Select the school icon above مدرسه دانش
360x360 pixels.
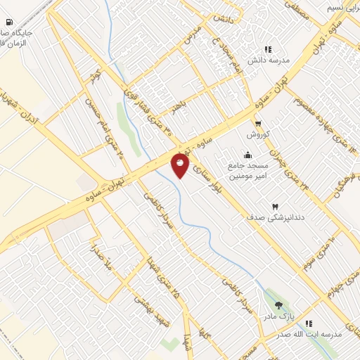click(x=267, y=49)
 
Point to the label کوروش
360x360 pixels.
click(x=258, y=134)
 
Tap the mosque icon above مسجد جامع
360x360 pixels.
click(x=247, y=155)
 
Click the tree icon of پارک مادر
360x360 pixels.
click(x=279, y=306)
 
